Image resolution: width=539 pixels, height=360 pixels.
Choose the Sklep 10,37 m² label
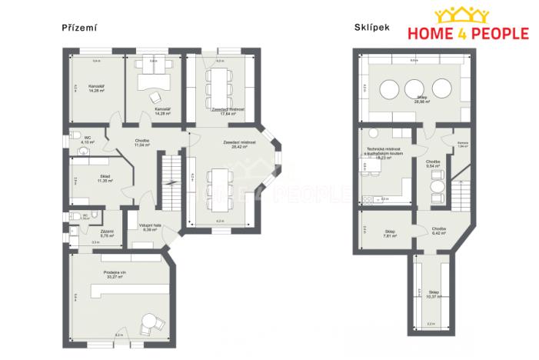pos(434,295)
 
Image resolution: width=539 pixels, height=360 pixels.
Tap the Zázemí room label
pos(108,234)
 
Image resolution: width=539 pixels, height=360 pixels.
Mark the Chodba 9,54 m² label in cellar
pos(434,163)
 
